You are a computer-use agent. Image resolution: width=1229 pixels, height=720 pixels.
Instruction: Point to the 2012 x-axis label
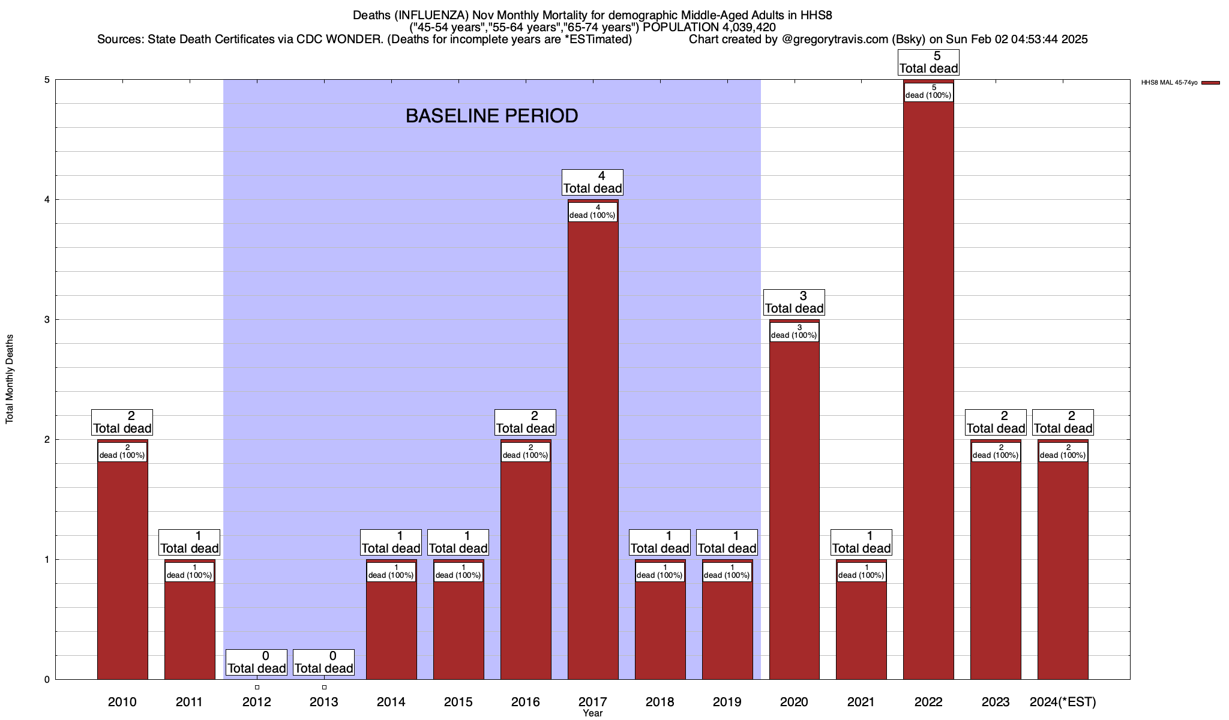tap(257, 702)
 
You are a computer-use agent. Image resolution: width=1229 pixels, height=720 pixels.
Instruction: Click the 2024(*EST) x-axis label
tap(1063, 702)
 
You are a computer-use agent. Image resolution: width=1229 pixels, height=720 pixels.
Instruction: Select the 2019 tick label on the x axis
tap(727, 702)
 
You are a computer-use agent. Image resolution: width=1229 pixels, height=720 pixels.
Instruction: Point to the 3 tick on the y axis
tap(46, 320)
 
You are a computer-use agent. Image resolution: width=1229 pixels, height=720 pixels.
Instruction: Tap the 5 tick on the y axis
tap(46, 80)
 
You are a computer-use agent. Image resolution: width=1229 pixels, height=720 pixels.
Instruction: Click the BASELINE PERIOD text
tap(491, 116)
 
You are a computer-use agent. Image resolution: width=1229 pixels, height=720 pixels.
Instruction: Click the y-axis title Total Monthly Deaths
tap(10, 379)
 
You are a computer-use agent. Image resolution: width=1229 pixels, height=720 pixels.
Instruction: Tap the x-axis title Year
tap(593, 713)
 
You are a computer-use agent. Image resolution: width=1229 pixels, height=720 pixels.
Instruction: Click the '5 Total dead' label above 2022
tap(928, 62)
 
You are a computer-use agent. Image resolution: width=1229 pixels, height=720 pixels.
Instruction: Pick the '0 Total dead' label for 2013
tap(324, 662)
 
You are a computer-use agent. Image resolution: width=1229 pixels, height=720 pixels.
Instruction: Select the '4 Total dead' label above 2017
tap(593, 182)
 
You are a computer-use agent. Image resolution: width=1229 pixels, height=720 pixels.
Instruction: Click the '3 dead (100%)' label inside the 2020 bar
tap(794, 332)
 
